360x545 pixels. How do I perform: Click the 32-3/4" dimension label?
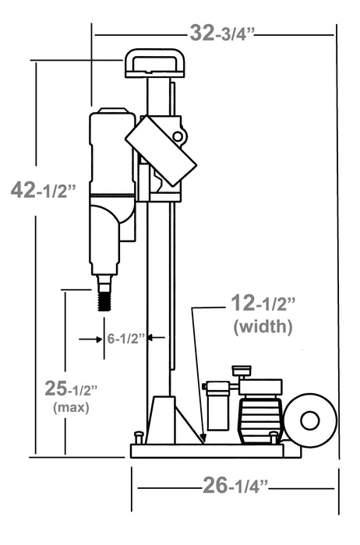click(223, 33)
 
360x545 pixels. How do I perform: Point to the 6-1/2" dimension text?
click(126, 338)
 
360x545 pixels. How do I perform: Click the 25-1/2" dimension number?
click(69, 387)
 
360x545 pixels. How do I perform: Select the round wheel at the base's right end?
click(310, 421)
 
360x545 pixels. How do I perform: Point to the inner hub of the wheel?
click(310, 421)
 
